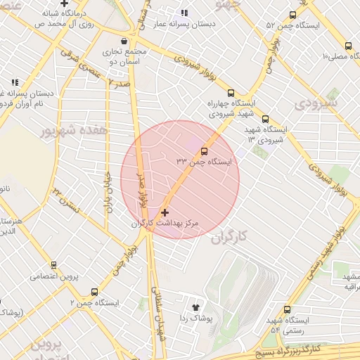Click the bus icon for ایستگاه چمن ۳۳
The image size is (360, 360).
pyautogui.click(x=205, y=151)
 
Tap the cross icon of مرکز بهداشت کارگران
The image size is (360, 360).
pyautogui.click(x=165, y=212)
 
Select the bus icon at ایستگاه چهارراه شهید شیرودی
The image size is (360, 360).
pyautogui.click(x=230, y=92)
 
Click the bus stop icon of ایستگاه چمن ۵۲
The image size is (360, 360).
pyautogui.click(x=292, y=14)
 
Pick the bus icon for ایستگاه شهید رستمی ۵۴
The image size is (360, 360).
pyautogui.click(x=287, y=309)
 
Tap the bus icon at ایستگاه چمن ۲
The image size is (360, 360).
pyautogui.click(x=94, y=292)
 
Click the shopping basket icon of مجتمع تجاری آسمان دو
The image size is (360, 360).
pyautogui.click(x=124, y=41)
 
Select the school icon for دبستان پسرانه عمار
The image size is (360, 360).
pyautogui.click(x=184, y=13)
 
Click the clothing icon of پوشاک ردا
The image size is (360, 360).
pyautogui.click(x=195, y=307)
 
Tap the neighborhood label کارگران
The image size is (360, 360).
pyautogui.click(x=231, y=237)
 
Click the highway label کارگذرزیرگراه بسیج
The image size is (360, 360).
pyautogui.click(x=309, y=349)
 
